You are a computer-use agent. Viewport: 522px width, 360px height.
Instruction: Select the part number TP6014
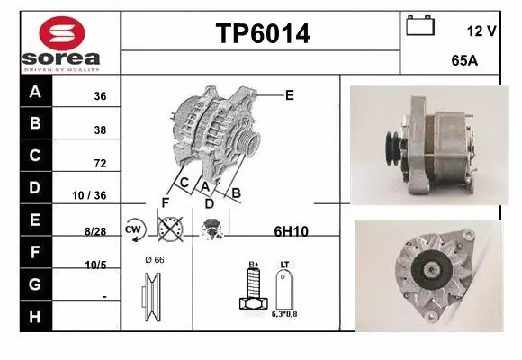(262, 34)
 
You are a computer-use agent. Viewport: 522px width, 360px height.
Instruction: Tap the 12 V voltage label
(481, 31)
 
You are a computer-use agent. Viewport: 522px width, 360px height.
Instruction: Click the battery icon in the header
(419, 25)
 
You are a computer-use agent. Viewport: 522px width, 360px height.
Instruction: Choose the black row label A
(35, 93)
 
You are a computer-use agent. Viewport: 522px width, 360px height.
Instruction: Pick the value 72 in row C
(100, 164)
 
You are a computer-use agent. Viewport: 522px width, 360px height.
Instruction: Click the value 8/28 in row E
(94, 230)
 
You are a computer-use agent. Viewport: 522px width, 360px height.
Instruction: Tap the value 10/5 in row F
(95, 265)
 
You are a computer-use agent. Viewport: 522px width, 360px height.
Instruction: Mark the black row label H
(35, 316)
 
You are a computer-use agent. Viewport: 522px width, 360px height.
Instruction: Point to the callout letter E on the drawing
(289, 94)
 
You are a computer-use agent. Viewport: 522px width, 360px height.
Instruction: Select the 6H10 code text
(291, 231)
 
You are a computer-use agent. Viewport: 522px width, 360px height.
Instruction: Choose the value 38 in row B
(100, 130)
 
